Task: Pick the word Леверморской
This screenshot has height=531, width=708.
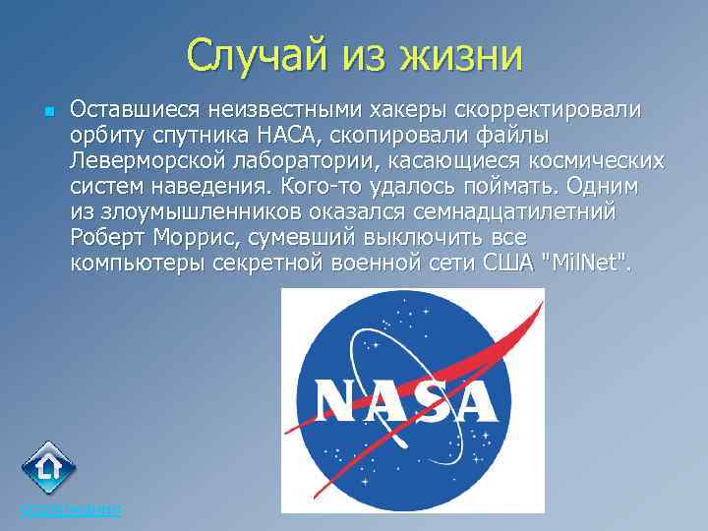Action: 146,159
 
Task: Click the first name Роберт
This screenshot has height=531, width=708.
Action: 107,237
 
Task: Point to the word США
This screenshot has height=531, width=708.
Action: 506,263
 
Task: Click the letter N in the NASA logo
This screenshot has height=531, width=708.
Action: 340,402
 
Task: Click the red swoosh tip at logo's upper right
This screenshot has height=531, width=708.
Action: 538,306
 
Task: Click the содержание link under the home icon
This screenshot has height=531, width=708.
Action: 70,509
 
